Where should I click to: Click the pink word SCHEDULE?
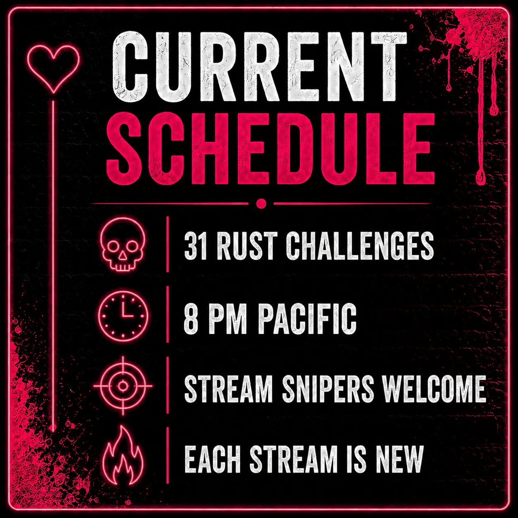tap(271, 149)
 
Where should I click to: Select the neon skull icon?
tap(123, 244)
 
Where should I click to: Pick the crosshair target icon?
tap(123, 386)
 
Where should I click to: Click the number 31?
tap(195, 246)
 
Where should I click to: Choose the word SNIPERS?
tap(328, 389)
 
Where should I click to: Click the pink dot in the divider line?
tap(261, 204)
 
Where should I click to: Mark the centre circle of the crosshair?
tap(123, 386)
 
